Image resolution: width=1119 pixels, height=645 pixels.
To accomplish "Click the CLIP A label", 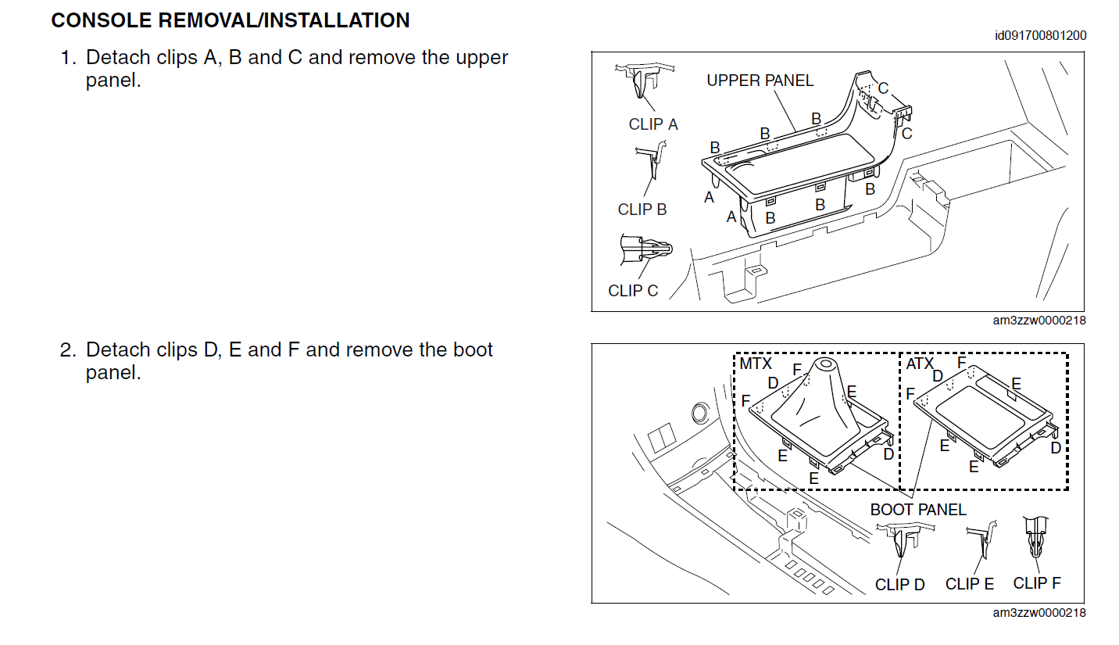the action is tap(653, 124).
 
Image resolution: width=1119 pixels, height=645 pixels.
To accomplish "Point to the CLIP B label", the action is tap(642, 210).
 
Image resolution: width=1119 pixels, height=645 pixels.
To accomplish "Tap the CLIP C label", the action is tap(633, 291).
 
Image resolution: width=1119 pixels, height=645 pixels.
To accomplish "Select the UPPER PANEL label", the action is tap(760, 81).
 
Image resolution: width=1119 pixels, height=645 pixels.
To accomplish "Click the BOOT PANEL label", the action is tap(918, 510).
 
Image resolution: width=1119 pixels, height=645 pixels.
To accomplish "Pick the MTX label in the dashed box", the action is tap(756, 364).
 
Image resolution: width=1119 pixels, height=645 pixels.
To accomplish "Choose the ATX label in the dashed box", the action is tap(920, 364).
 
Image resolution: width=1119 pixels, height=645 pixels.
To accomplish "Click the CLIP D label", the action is tap(899, 585).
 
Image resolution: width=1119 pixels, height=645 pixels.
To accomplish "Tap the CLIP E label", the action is tap(970, 583).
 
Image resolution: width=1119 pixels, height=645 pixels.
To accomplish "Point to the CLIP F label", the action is tap(1037, 583).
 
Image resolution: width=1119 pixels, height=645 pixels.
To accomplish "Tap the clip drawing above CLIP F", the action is tap(1036, 537).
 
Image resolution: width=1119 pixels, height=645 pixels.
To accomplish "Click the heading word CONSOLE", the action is tap(102, 20).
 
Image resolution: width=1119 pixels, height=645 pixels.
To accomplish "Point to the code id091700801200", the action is tap(1041, 36).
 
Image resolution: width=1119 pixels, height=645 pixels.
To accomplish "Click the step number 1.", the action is tap(68, 57).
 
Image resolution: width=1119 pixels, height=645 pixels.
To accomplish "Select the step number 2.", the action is tap(68, 349).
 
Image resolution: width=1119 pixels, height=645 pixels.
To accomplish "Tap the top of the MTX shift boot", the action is tap(825, 364).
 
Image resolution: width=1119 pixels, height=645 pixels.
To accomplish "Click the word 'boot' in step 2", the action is tap(473, 349).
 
